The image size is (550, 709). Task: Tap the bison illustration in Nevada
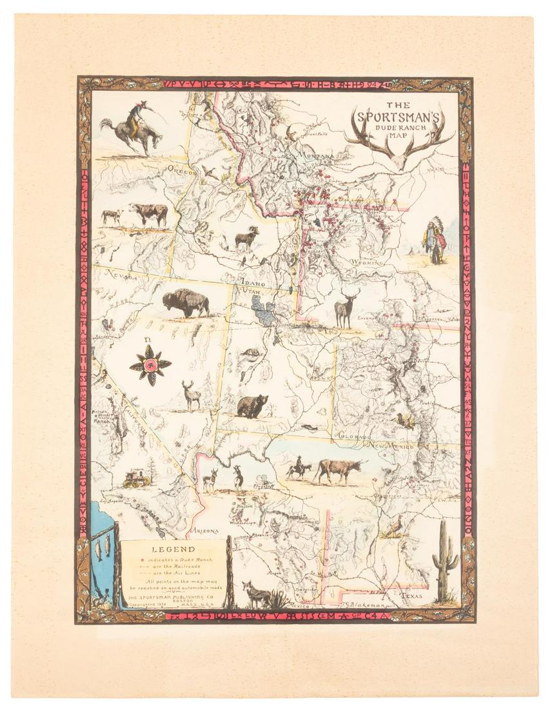pyautogui.click(x=186, y=302)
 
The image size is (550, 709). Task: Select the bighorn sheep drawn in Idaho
pyautogui.click(x=246, y=238)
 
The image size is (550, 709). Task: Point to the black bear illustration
pyautogui.click(x=252, y=407)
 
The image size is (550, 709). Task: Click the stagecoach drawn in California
pyautogui.click(x=137, y=477)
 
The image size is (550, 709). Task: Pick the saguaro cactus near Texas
pyautogui.click(x=444, y=560)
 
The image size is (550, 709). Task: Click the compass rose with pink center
pyautogui.click(x=150, y=365)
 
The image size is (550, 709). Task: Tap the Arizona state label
pyautogui.click(x=204, y=532)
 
